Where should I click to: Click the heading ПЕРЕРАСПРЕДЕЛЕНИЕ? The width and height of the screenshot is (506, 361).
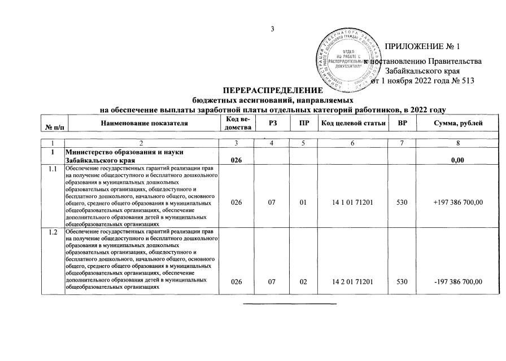(273, 91)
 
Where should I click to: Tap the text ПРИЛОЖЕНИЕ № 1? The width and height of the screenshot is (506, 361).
(423, 46)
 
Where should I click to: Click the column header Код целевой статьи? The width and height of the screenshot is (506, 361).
(353, 122)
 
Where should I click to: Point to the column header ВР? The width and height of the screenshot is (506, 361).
(403, 122)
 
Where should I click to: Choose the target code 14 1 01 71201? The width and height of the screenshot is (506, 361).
(353, 210)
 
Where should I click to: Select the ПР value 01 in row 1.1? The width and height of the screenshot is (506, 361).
(303, 210)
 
